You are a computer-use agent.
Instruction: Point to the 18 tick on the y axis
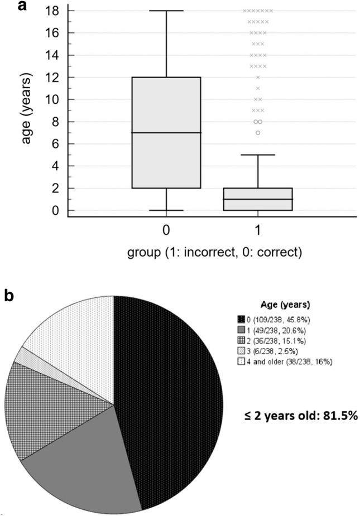click(x=56, y=11)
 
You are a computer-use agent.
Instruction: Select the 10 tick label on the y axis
click(x=56, y=99)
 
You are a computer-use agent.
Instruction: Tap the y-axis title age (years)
click(x=26, y=111)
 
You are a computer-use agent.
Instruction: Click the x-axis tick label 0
click(x=166, y=229)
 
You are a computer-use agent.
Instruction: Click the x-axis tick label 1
click(x=258, y=229)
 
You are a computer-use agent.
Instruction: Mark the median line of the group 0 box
click(x=166, y=133)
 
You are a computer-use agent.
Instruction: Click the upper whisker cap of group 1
click(x=258, y=155)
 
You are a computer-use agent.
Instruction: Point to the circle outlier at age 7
click(x=258, y=133)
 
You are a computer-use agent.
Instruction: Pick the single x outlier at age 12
click(x=258, y=77)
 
